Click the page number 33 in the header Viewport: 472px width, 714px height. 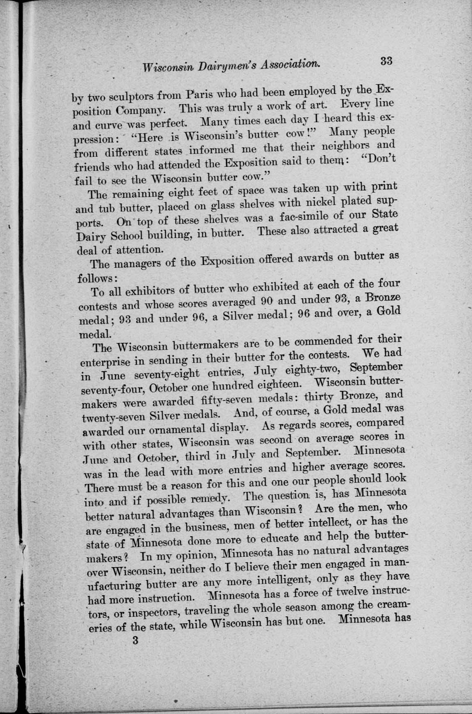coord(387,61)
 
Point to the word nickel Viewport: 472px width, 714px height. coord(311,201)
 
